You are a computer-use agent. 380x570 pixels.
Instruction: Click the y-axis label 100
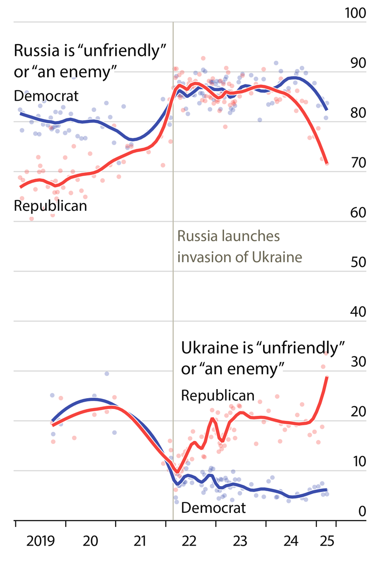(x=356, y=13)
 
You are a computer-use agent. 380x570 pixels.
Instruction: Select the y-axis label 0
(x=362, y=512)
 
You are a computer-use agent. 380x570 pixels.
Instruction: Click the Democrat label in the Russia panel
(x=46, y=96)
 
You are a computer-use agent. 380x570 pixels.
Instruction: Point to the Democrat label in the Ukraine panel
(x=214, y=507)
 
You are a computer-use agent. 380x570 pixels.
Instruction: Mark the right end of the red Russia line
(x=327, y=163)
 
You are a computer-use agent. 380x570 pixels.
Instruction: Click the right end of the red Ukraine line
(x=327, y=377)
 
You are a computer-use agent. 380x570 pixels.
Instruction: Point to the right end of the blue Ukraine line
(x=327, y=490)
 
